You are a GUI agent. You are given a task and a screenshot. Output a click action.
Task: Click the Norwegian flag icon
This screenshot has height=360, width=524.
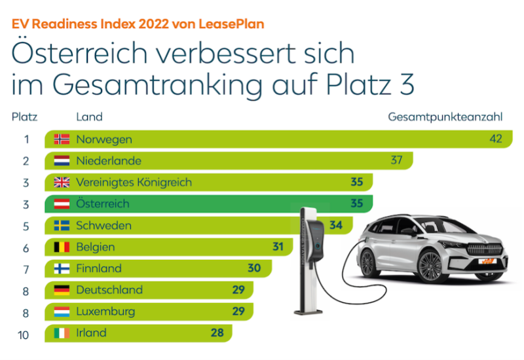point(62,139)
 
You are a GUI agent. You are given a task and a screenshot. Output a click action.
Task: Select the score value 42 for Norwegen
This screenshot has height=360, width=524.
point(495,139)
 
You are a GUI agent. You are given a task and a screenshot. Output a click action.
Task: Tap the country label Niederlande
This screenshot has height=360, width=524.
point(108,160)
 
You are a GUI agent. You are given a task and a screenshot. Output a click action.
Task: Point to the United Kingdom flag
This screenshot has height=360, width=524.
point(62,182)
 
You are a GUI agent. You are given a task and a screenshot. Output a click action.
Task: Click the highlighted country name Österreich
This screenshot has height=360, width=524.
point(103,204)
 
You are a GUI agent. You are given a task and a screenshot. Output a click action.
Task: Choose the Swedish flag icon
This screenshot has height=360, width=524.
point(62,225)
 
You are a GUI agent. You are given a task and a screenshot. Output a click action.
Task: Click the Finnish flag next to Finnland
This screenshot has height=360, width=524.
point(62,268)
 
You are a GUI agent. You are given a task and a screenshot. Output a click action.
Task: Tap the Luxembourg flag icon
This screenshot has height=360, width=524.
point(62,311)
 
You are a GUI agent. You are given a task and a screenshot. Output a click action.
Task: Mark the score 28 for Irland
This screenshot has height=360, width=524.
point(217,333)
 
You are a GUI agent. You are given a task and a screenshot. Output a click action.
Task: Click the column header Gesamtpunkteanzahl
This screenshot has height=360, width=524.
point(445,117)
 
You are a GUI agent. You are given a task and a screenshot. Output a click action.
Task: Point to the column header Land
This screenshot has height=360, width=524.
point(89,117)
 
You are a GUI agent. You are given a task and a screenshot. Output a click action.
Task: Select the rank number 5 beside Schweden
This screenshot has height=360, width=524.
point(27,225)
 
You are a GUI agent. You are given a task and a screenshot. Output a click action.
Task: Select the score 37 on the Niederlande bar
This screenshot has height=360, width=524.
point(396,160)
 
